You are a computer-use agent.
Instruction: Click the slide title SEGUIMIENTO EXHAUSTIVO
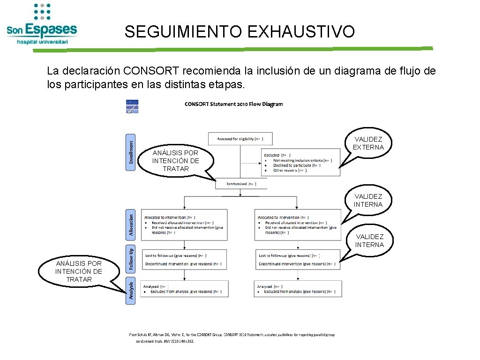[x=240, y=32]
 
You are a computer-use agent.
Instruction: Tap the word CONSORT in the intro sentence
[x=151, y=71]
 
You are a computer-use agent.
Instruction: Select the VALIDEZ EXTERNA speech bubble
[x=368, y=143]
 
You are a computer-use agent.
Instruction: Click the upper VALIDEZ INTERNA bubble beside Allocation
[x=368, y=201]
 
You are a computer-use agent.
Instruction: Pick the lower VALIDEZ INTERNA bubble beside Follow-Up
[x=369, y=241]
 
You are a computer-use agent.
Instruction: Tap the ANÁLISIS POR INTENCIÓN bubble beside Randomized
[x=176, y=161]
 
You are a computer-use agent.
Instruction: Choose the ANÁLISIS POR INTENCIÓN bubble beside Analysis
[x=78, y=271]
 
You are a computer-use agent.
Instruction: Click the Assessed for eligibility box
[x=240, y=139]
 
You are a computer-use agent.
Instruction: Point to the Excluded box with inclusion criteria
[x=300, y=162]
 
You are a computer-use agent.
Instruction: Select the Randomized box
[x=241, y=184]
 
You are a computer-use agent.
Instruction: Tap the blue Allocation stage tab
[x=131, y=225]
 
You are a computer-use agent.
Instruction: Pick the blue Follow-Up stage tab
[x=131, y=259]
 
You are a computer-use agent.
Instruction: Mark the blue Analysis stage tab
[x=131, y=290]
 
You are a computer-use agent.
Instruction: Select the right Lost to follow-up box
[x=298, y=260]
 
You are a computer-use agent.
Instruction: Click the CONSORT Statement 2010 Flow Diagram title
[x=234, y=104]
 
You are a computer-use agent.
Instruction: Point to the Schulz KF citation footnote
[x=232, y=337]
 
